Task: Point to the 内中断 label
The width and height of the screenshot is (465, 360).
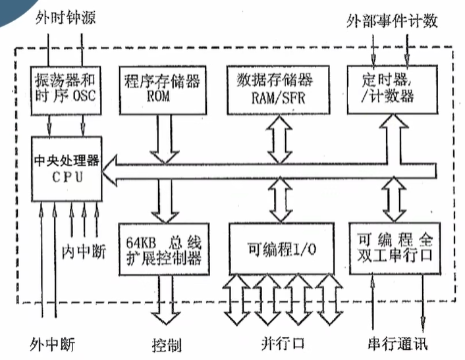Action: pos(78,251)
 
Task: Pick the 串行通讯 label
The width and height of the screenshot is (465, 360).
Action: pos(397,344)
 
